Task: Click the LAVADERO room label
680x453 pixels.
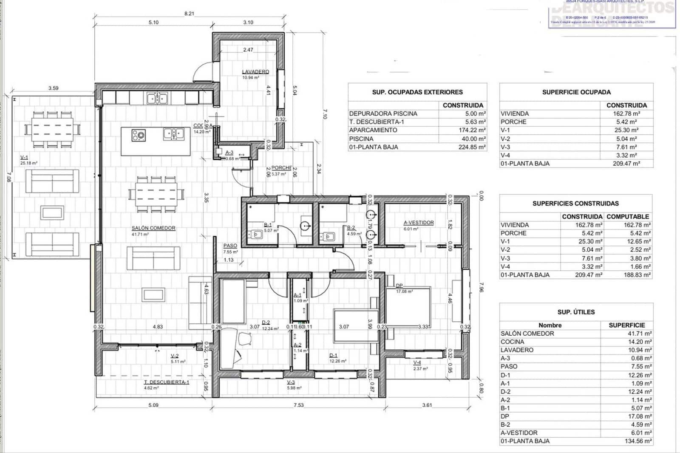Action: point(255,71)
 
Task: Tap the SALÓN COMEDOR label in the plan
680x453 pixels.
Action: point(153,228)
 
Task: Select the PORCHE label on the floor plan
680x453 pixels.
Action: point(281,168)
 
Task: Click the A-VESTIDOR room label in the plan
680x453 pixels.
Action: point(419,223)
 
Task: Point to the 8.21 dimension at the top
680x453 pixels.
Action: point(189,14)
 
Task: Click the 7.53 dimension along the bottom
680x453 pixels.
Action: point(299,405)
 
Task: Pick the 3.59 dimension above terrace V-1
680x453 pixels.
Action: point(53,88)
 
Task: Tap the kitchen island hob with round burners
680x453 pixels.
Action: point(139,135)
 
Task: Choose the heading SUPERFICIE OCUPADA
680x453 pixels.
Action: point(576,92)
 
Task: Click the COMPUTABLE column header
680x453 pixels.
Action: point(628,217)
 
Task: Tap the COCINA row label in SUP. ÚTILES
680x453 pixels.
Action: point(512,342)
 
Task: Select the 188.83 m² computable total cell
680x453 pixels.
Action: point(637,275)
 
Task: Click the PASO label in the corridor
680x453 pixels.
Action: point(230,246)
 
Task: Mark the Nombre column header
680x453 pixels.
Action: point(550,325)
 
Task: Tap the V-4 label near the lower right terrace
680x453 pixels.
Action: point(417,362)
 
